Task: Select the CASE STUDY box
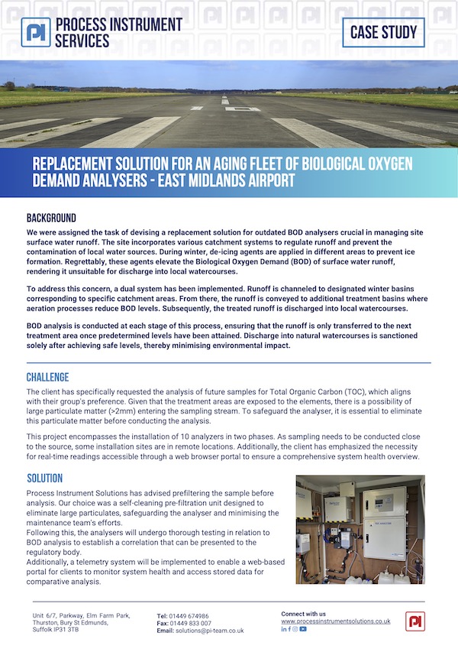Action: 383,32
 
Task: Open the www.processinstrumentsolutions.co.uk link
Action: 336,621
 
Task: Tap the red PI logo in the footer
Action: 414,621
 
